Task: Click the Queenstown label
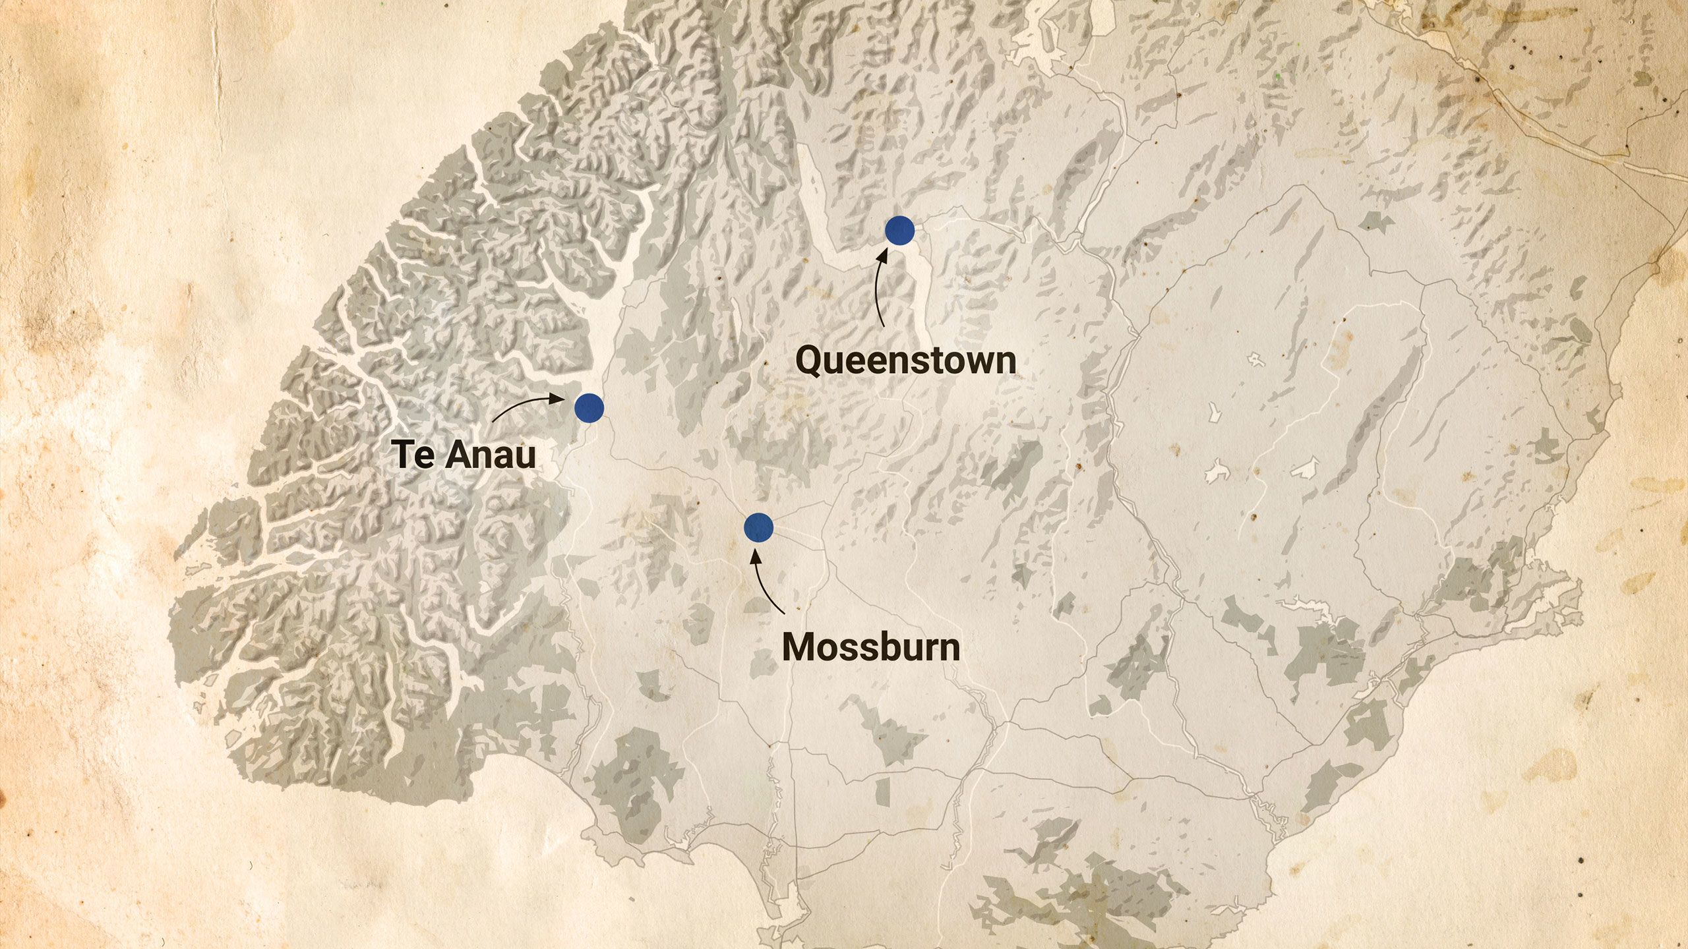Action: click(x=905, y=360)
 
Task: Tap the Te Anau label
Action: click(x=464, y=455)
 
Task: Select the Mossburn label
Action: click(x=870, y=647)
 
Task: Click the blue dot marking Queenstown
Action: click(x=899, y=231)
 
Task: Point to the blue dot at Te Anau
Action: click(x=589, y=408)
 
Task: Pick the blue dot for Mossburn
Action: click(x=758, y=527)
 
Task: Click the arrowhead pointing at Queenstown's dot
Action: click(x=882, y=254)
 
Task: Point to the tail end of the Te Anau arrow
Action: click(x=493, y=420)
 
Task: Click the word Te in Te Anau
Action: click(x=412, y=455)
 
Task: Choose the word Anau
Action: click(x=492, y=455)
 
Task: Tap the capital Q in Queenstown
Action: click(x=810, y=360)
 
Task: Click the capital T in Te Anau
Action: click(x=404, y=455)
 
